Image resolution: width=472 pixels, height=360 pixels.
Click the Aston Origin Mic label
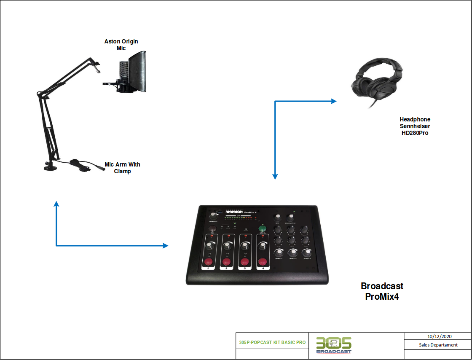click(121, 45)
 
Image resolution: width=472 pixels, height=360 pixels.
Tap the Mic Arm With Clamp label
click(122, 168)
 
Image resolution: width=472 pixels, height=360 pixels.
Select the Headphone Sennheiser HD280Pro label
click(415, 126)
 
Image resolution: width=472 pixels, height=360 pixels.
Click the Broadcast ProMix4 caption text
click(382, 291)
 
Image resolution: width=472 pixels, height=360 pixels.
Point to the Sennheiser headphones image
click(375, 82)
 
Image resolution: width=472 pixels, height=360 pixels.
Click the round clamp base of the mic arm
click(52, 168)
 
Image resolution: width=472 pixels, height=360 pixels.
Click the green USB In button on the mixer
click(262, 228)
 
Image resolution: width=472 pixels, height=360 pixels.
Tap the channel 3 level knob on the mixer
click(245, 245)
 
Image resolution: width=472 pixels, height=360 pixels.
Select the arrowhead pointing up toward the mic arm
click(56, 204)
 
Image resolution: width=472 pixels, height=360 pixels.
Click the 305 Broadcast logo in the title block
click(334, 345)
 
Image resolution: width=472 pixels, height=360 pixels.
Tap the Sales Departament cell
click(437, 345)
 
